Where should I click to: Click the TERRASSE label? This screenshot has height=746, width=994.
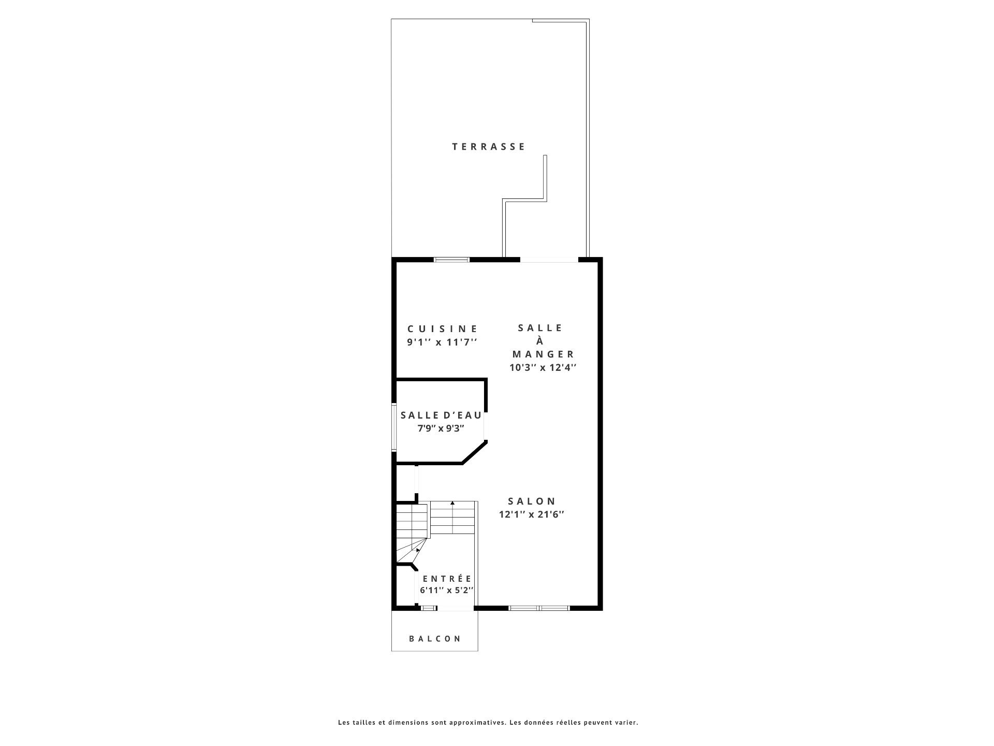pos(489,147)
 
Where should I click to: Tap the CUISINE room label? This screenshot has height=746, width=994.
pos(443,328)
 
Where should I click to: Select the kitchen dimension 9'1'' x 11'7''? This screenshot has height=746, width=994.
pos(442,342)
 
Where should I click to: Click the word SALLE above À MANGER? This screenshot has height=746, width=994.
pos(540,328)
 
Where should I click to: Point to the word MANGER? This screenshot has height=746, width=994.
pos(544,354)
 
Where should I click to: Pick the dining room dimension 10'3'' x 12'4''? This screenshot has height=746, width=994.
pos(543,367)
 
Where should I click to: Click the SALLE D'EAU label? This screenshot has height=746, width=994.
pos(441,415)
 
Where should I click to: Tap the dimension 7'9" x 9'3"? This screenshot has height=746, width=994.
pos(441,428)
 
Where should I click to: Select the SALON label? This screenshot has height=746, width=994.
pos(532,501)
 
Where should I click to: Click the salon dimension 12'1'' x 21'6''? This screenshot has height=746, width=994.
pos(531,514)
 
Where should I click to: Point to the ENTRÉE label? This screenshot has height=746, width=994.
pos(447,579)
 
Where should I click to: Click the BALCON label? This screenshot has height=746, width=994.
pos(435,639)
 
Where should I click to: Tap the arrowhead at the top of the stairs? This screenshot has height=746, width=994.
pos(452,503)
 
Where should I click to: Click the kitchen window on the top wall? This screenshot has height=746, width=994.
pos(452,260)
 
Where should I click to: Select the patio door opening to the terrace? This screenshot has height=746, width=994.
pos(549,260)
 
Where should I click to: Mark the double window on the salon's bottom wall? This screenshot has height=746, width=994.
pos(539,608)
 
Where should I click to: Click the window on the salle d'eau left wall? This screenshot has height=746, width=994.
pos(393,426)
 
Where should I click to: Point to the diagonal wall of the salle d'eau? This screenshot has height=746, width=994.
pos(474,452)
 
